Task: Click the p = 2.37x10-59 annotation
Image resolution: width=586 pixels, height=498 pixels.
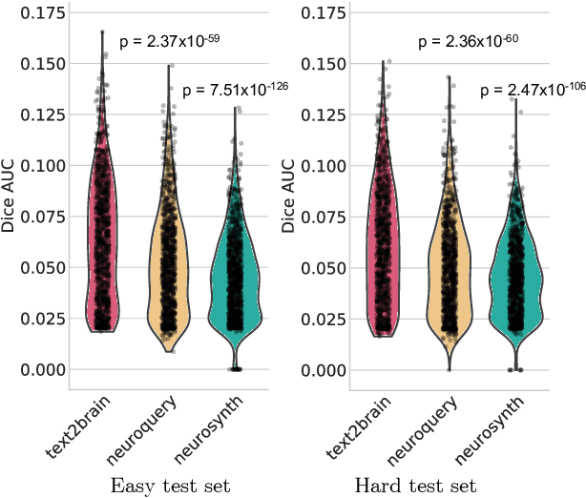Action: (x=169, y=41)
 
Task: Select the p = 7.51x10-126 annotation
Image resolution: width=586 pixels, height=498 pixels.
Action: (x=235, y=90)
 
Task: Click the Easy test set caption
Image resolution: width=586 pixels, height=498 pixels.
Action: (x=170, y=486)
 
